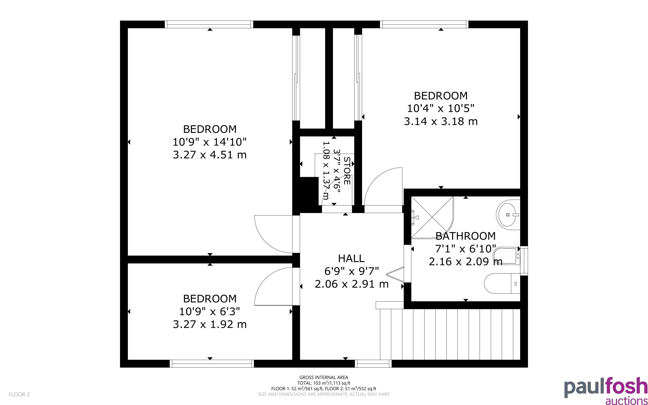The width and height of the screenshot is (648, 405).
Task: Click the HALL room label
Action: point(351,259)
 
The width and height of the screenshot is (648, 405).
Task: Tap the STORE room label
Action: point(347,171)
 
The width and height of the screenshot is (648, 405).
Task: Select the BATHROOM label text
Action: point(466,236)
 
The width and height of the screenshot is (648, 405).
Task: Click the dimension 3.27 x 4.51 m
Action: point(210,155)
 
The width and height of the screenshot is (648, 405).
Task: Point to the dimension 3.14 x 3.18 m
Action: point(441,121)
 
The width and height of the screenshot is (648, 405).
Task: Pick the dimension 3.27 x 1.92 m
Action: point(210,324)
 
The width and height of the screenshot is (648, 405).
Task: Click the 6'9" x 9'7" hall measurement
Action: point(352,271)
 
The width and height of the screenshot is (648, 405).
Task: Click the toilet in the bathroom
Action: point(502,283)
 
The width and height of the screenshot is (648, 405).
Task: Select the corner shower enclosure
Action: point(433,217)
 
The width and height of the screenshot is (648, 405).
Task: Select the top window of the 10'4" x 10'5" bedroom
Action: point(424,24)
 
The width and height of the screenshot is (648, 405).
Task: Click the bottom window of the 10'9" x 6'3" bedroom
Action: point(211,364)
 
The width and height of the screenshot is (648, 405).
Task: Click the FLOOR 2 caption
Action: point(19,394)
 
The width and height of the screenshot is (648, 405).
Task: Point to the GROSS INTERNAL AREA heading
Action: point(324,377)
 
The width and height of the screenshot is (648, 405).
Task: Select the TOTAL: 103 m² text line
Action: point(324,383)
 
